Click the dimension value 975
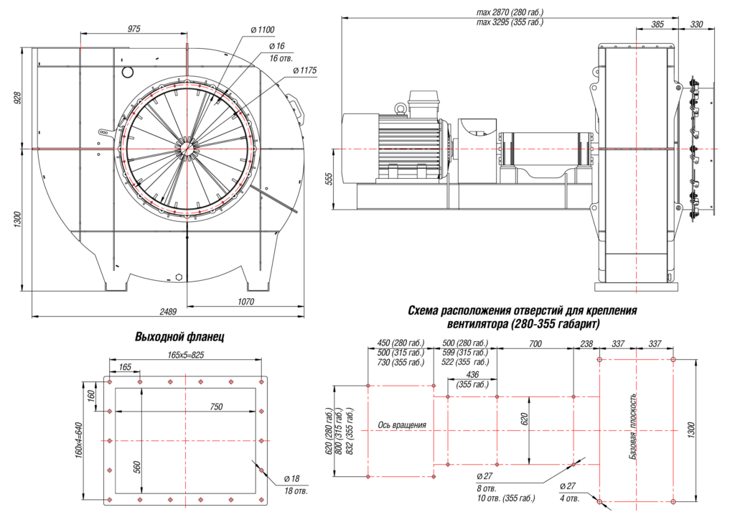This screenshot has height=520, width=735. click(134, 28)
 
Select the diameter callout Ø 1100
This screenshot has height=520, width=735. click(263, 29)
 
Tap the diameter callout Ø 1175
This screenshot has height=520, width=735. click(304, 70)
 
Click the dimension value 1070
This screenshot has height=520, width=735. click(246, 302)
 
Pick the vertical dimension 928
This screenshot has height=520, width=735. click(18, 98)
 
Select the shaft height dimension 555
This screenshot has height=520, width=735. click(329, 179)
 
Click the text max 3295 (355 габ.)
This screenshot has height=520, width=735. click(510, 22)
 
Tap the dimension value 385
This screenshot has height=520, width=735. click(657, 24)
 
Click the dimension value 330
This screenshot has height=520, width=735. click(696, 24)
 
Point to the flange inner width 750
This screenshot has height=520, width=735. click(215, 407)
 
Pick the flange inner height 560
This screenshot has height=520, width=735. click(136, 467)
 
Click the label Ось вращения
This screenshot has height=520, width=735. click(402, 425)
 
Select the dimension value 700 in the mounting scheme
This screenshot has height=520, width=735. click(535, 344)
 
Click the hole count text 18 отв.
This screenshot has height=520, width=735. click(295, 491)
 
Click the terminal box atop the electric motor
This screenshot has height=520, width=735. click(423, 100)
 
